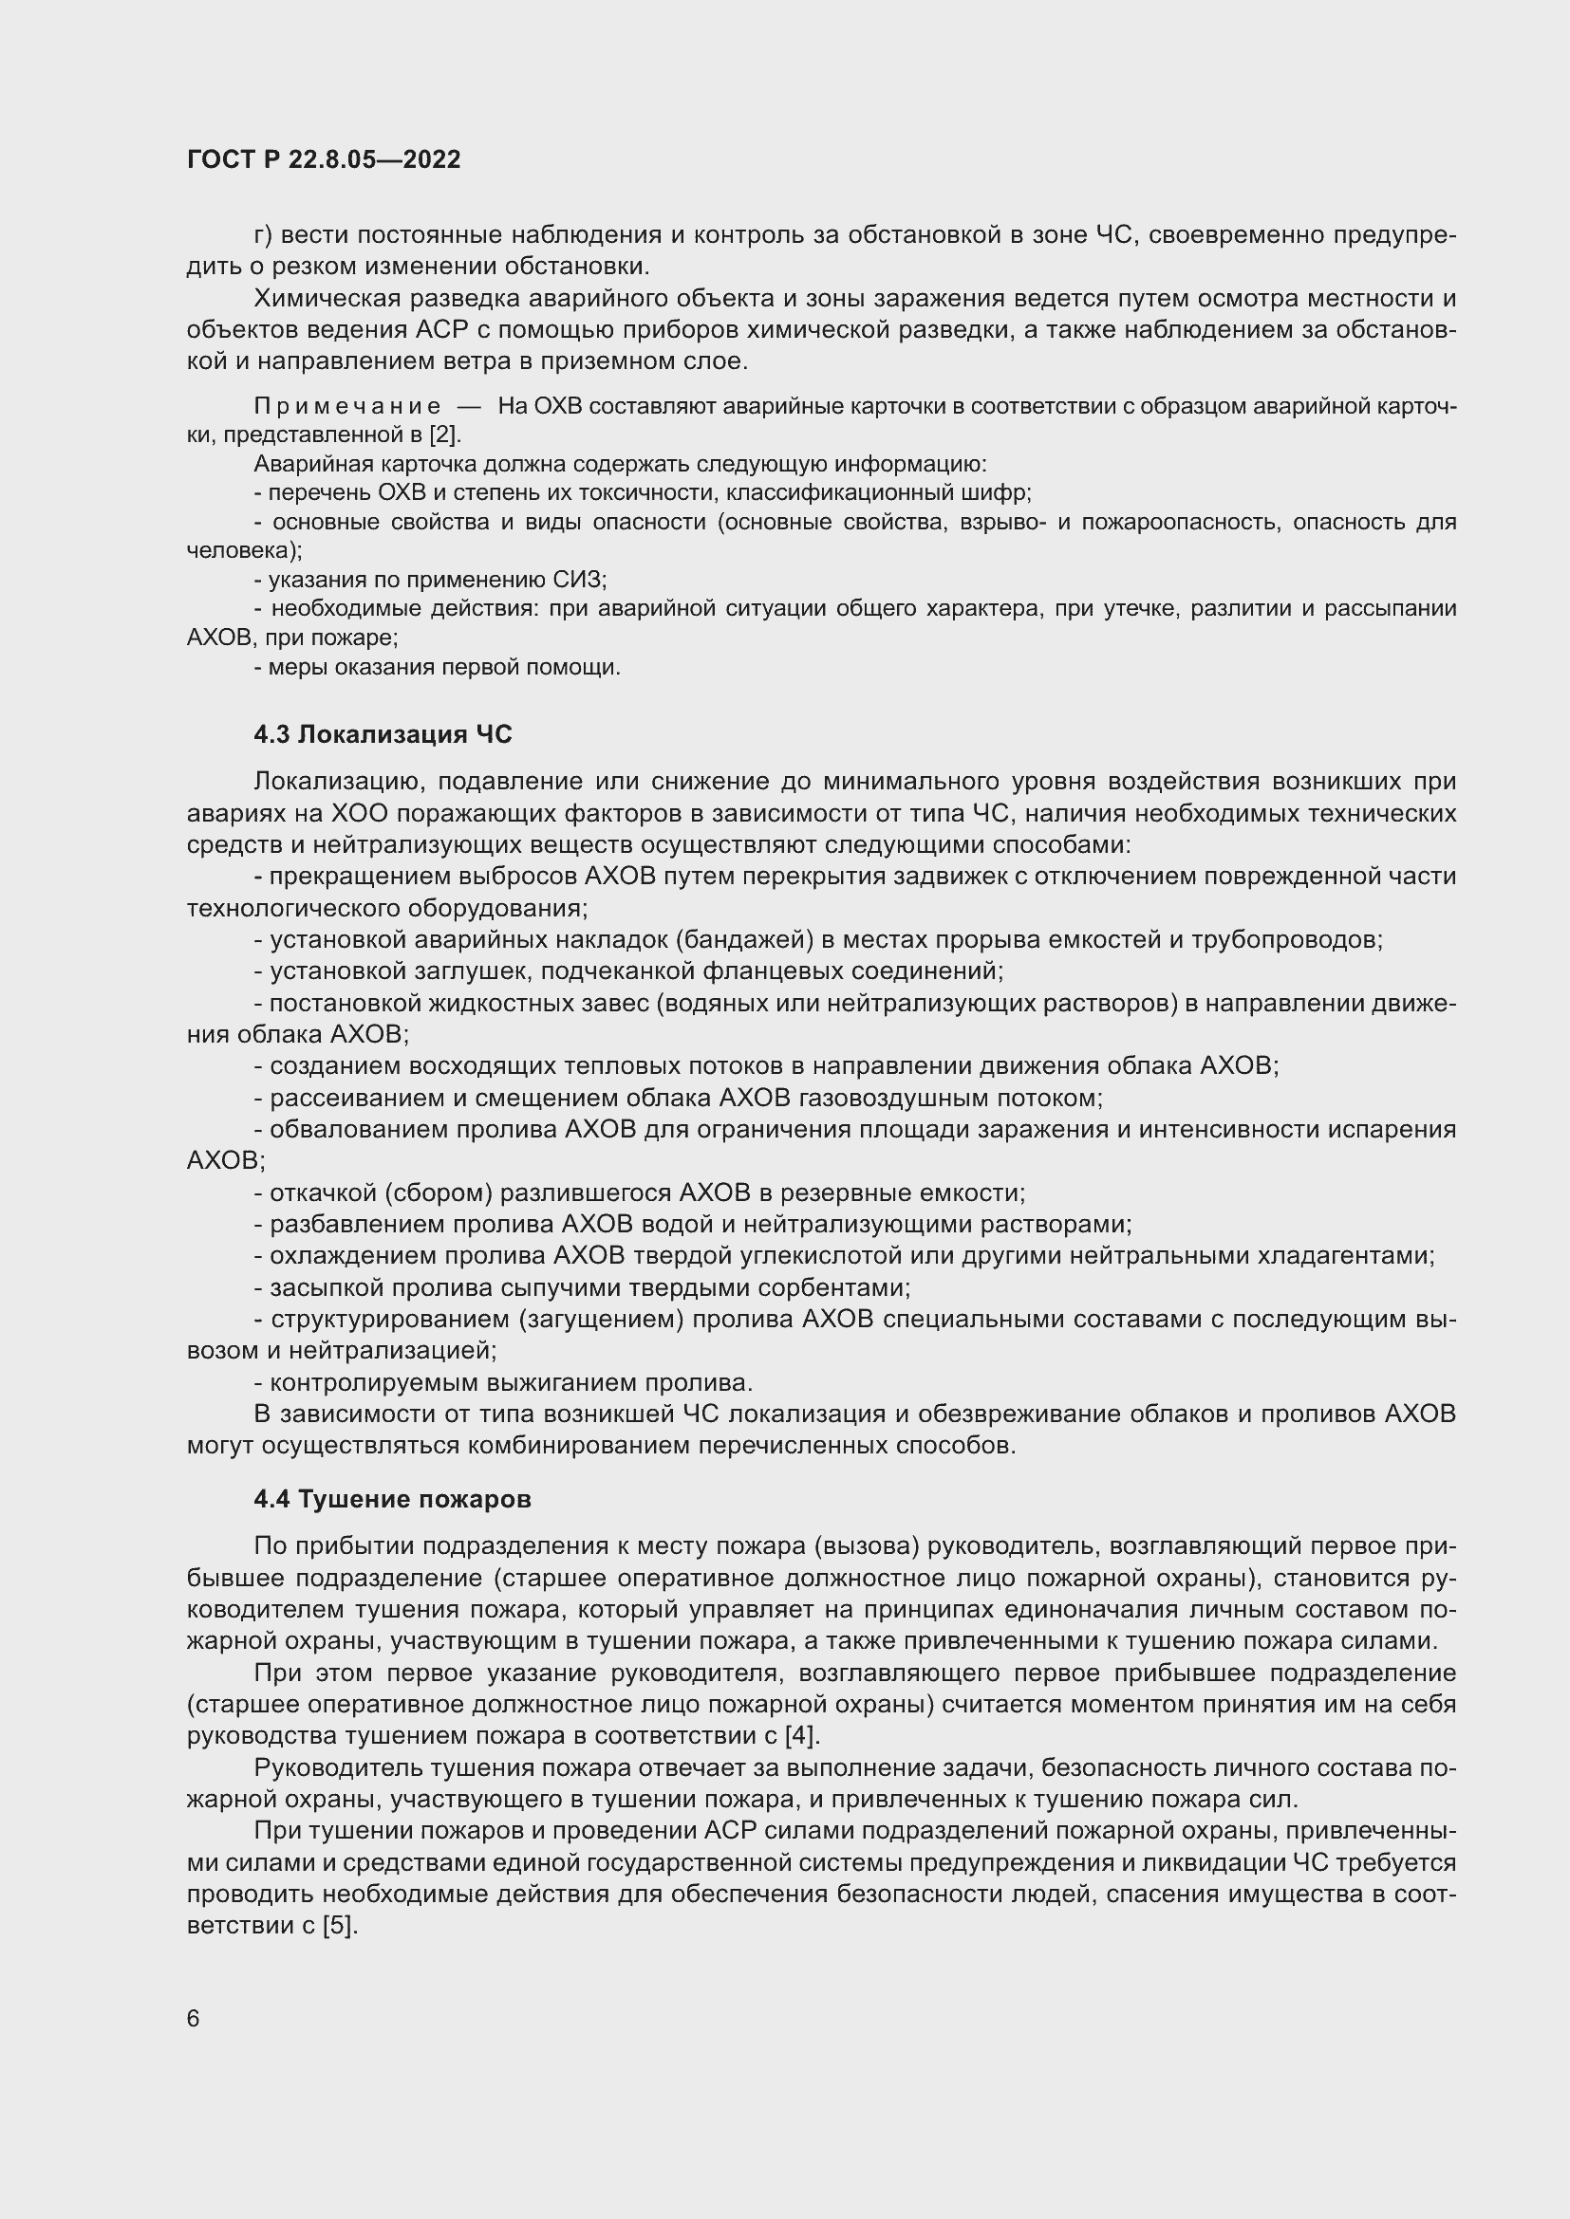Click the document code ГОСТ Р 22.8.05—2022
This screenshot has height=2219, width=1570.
(x=324, y=159)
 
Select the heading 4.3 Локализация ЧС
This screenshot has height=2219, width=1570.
(x=383, y=734)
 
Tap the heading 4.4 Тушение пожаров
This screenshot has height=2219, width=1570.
(x=393, y=1499)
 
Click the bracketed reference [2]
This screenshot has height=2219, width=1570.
(x=444, y=435)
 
